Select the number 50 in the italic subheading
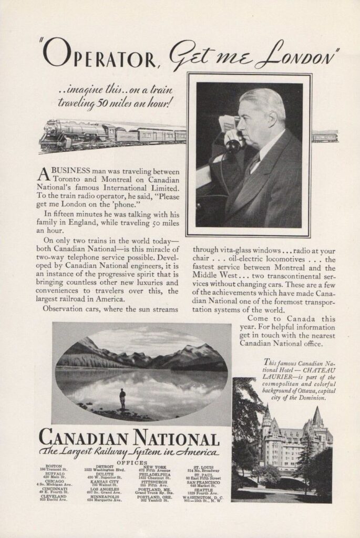(x=103, y=103)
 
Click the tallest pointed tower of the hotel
(x=317, y=418)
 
